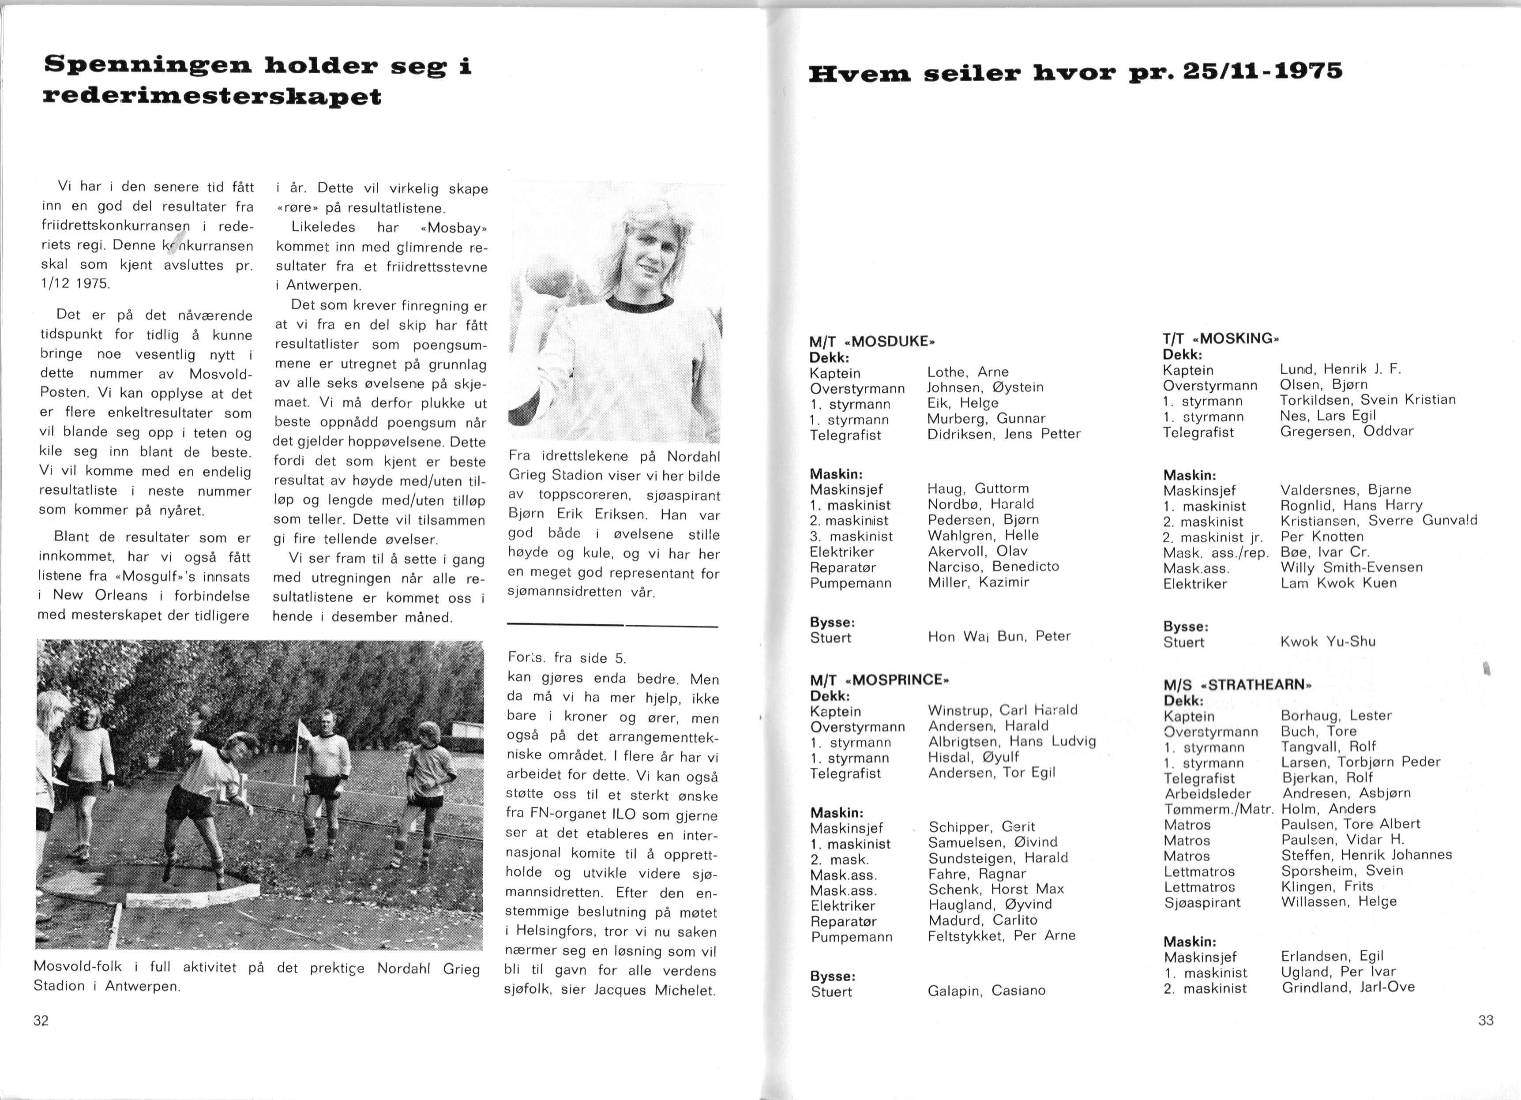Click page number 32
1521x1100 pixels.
41,1021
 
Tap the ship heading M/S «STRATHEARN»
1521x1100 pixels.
1237,686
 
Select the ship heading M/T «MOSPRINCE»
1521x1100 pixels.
880,680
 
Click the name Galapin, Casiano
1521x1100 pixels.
987,991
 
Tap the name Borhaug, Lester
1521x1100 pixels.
1337,716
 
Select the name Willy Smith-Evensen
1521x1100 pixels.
1351,567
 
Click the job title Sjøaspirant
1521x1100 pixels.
1202,903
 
